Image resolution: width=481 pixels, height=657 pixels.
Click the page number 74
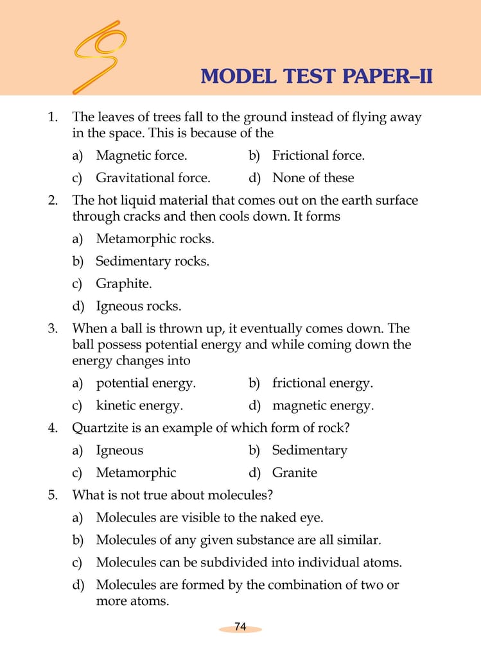[240, 627]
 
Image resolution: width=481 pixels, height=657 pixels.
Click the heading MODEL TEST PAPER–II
[317, 76]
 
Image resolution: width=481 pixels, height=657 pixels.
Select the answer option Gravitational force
[153, 178]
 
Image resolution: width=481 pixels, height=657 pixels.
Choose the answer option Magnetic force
[141, 155]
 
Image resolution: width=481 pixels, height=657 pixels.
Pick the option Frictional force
[318, 155]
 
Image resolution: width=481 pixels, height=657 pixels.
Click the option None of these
[313, 178]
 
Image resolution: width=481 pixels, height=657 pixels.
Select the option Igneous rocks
[138, 306]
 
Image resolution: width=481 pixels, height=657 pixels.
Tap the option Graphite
[124, 284]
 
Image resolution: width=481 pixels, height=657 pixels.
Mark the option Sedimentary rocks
[152, 261]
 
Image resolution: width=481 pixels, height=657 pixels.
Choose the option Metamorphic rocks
[155, 239]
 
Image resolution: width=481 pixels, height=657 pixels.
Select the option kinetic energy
[139, 405]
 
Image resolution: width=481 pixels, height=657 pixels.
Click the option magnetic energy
[322, 405]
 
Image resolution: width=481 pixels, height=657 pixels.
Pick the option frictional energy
[322, 384]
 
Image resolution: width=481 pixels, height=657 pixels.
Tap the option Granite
[294, 473]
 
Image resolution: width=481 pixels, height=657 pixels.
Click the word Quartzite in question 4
[100, 428]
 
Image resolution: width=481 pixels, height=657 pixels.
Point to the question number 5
[53, 495]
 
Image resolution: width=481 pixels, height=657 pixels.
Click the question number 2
[53, 200]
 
